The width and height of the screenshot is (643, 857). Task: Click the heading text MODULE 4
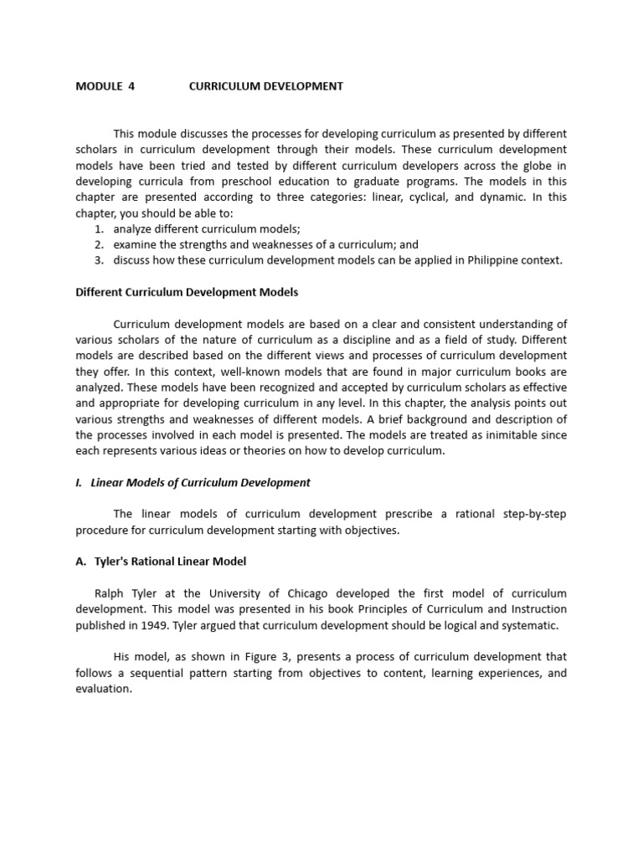tap(105, 86)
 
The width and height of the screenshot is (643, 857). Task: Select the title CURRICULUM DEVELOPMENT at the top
tap(265, 86)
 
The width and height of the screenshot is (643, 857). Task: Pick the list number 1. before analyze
tap(99, 228)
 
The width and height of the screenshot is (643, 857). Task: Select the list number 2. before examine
tap(99, 244)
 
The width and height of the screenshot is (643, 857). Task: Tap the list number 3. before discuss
tap(99, 260)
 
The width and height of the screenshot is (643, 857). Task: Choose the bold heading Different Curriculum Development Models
tap(187, 292)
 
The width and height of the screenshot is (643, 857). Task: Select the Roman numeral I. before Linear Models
tap(80, 483)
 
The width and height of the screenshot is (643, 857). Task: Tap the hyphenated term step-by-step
tap(534, 514)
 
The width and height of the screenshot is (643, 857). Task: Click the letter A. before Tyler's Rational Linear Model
tap(80, 562)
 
